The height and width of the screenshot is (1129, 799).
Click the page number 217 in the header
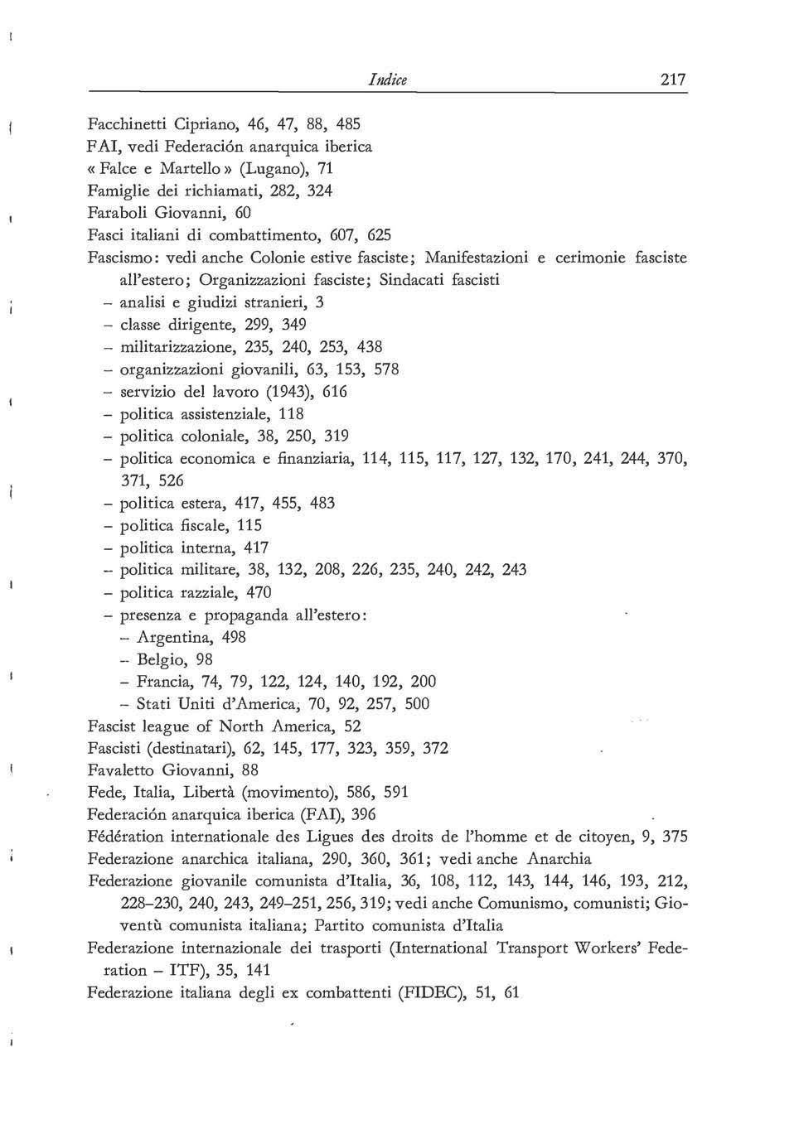(x=673, y=80)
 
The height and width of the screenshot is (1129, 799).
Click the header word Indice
(x=389, y=80)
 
